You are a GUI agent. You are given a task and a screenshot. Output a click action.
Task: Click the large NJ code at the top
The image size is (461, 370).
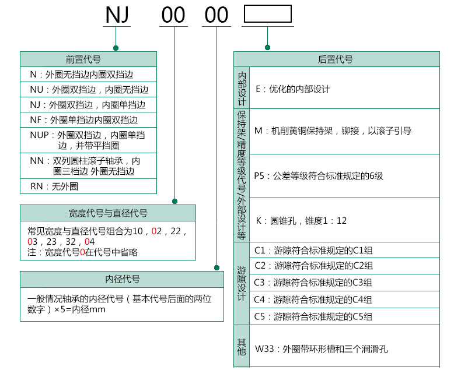(117, 15)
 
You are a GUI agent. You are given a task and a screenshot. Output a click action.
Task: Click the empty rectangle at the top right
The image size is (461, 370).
(267, 14)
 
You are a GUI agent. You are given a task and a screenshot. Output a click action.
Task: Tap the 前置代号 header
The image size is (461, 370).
(88, 59)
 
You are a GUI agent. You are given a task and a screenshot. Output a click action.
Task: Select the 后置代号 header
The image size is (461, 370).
(336, 59)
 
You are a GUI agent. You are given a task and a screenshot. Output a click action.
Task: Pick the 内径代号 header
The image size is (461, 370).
(122, 279)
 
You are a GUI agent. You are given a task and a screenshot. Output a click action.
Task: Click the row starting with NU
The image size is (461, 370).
(89, 90)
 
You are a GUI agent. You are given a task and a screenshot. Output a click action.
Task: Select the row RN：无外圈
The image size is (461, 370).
(54, 186)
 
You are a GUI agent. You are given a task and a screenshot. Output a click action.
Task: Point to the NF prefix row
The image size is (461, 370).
(84, 120)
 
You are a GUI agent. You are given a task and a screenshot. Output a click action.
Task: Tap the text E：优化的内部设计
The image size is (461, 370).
(293, 89)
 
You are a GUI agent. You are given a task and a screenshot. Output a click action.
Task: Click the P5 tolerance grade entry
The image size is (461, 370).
(319, 175)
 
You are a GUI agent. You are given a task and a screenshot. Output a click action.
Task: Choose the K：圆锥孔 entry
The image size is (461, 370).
(301, 221)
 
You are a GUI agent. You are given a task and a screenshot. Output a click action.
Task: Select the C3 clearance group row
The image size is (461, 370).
(314, 283)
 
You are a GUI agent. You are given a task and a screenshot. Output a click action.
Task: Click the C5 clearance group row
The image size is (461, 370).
(314, 316)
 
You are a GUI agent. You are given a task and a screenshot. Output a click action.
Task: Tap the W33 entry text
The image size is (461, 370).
(322, 350)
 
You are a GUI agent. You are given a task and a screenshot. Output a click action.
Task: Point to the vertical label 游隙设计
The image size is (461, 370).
(242, 283)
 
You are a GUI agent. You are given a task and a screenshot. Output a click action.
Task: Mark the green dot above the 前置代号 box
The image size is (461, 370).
(116, 47)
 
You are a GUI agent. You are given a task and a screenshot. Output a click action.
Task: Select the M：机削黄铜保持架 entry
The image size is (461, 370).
(333, 131)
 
